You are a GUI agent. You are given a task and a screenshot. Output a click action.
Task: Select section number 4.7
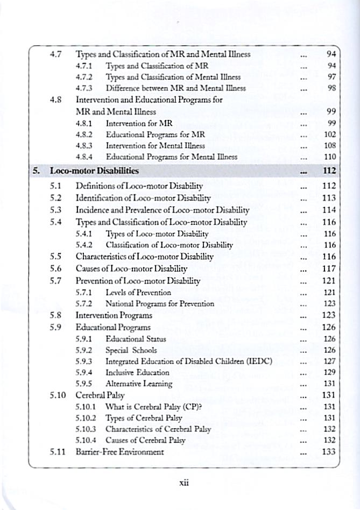pyautogui.click(x=56, y=54)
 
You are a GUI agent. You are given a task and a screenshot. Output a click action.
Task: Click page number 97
pyautogui.click(x=331, y=77)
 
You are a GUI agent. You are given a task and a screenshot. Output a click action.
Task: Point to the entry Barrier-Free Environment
pyautogui.click(x=120, y=452)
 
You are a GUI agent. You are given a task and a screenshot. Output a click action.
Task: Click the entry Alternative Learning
pyautogui.click(x=139, y=384)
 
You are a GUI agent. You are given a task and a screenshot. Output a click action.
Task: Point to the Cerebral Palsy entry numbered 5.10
pyautogui.click(x=98, y=395)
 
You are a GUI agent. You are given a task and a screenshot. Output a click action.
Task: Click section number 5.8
pyautogui.click(x=56, y=315)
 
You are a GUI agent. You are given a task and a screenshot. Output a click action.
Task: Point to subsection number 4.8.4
pyautogui.click(x=86, y=157)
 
